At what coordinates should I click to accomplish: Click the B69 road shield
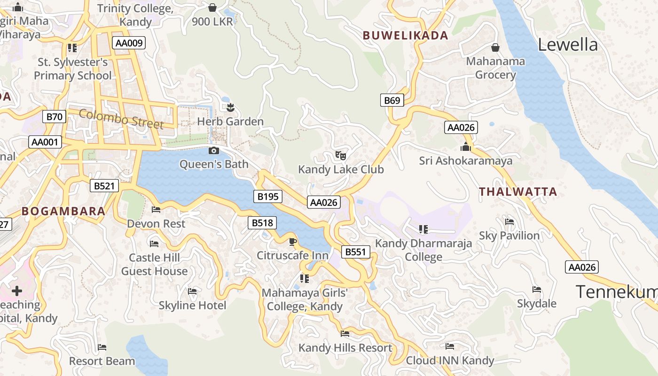(392, 100)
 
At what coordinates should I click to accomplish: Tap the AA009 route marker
(129, 43)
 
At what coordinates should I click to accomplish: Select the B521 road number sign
(104, 186)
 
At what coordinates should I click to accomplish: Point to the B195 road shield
(268, 196)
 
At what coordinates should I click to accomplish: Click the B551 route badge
(355, 252)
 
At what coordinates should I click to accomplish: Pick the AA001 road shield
(45, 142)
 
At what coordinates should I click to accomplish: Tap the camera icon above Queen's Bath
(213, 151)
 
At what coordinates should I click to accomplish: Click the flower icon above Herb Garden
(230, 108)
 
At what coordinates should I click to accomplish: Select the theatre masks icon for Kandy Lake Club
(341, 155)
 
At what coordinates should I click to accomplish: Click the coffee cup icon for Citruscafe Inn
(292, 242)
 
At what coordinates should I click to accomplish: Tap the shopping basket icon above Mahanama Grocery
(495, 47)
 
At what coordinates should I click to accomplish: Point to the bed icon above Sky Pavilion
(509, 222)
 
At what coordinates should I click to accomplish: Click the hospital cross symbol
(17, 291)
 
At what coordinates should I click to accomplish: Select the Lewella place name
(568, 45)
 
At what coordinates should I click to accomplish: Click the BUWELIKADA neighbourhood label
(405, 35)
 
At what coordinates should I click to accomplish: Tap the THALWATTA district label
(517, 192)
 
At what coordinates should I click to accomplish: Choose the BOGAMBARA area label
(63, 211)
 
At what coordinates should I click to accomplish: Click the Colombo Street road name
(121, 119)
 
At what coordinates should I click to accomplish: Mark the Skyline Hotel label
(192, 305)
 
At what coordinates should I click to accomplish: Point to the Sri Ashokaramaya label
(466, 161)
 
